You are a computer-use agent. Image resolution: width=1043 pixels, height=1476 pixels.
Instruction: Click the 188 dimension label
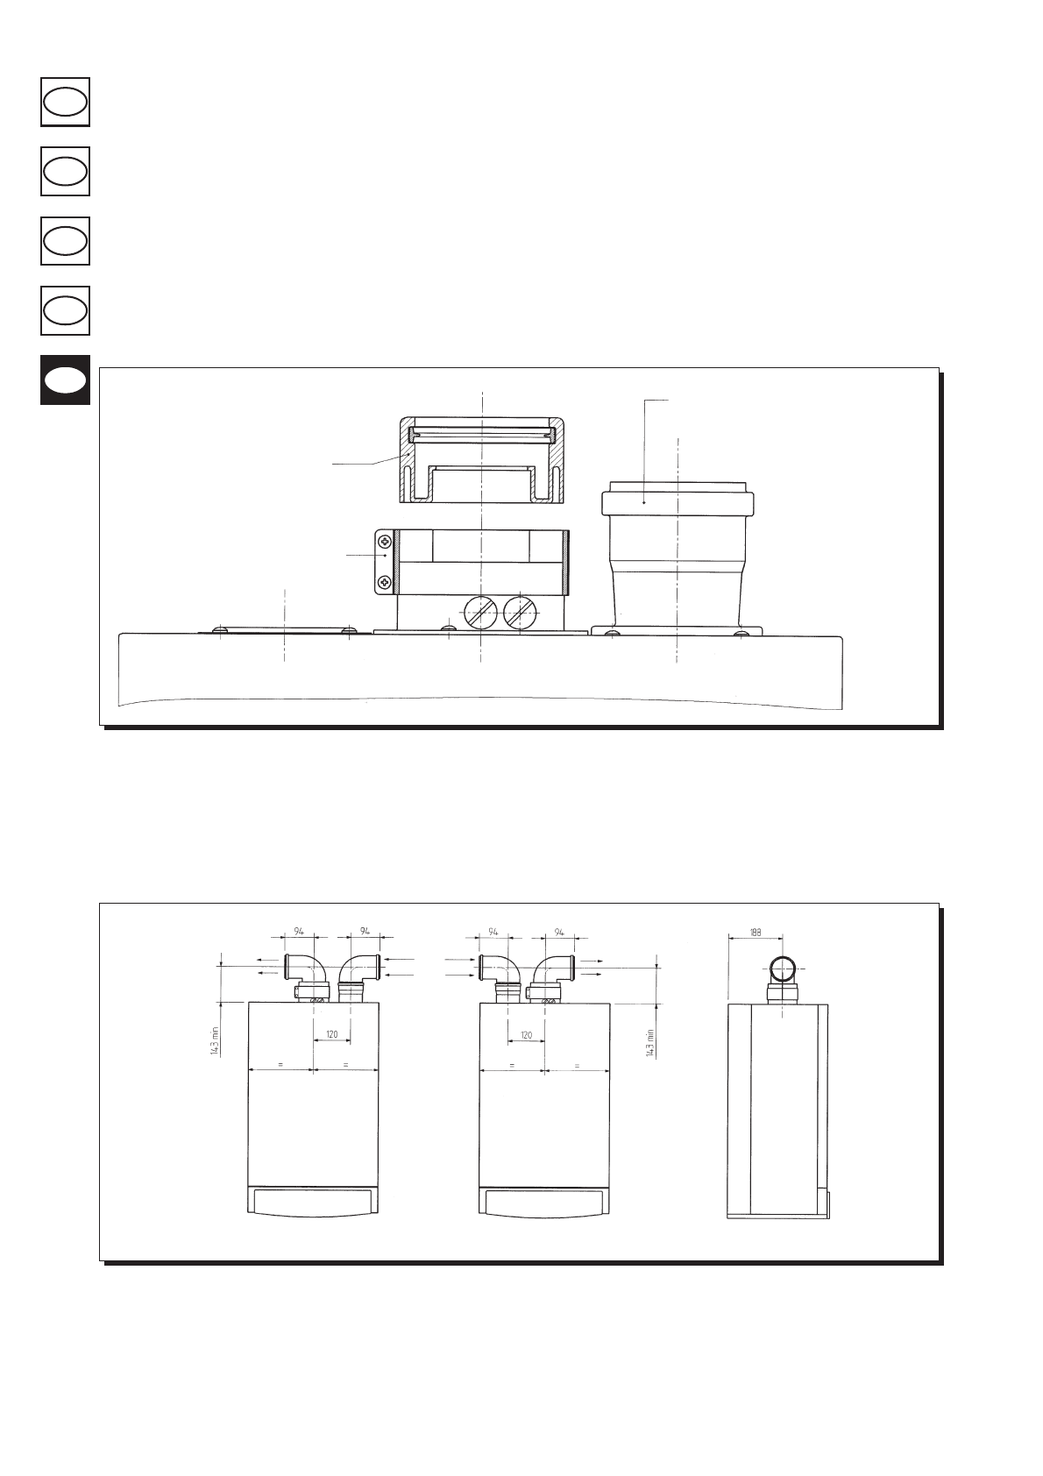(755, 933)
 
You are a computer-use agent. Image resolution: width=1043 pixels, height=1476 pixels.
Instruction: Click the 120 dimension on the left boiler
(332, 1034)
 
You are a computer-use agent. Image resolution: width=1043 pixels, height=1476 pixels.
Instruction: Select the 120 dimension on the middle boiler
(527, 1035)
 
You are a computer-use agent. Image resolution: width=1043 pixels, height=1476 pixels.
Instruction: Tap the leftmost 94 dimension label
(299, 932)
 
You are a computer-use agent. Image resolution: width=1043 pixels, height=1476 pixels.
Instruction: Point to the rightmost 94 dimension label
(559, 933)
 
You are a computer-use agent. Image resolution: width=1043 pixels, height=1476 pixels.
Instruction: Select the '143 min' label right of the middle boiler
(650, 1043)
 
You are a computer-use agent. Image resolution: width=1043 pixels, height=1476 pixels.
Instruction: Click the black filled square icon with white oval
(65, 380)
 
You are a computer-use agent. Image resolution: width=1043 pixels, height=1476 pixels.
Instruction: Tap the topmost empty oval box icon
(65, 103)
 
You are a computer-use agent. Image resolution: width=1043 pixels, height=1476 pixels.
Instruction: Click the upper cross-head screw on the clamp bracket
(385, 541)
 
